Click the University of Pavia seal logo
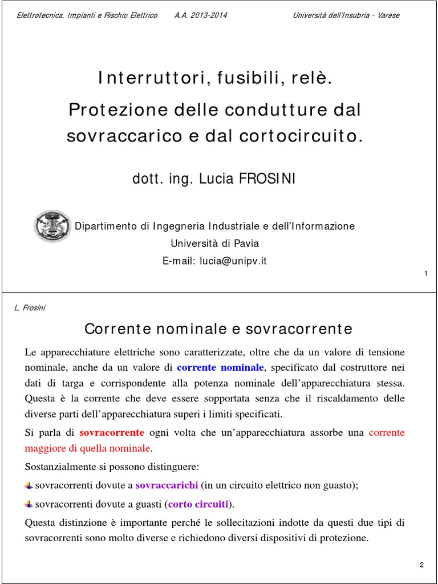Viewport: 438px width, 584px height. (52, 226)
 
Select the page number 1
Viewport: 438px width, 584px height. (426, 275)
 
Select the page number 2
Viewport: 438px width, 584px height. (421, 565)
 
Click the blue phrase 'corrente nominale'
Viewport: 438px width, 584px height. (221, 367)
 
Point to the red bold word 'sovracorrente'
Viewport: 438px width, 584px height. (112, 432)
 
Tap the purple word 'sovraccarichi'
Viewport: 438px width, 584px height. (167, 485)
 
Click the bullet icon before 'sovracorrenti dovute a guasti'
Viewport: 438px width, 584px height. (29, 504)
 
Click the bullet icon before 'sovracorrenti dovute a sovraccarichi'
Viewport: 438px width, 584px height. (29, 485)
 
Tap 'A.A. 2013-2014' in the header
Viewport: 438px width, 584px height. (200, 15)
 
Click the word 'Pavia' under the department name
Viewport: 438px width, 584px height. (245, 244)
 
